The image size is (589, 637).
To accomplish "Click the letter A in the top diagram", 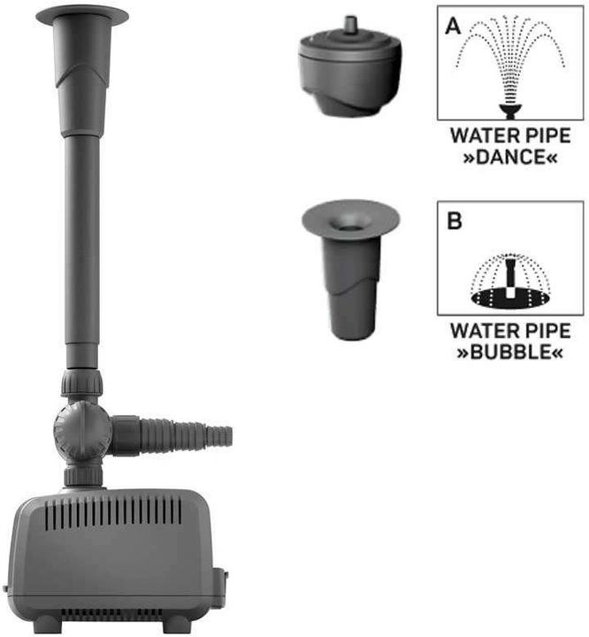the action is (x=453, y=26).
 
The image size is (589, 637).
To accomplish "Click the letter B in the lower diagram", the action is (x=455, y=221).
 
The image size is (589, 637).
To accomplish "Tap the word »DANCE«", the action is (x=510, y=157).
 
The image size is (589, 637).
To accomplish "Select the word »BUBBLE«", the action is (x=510, y=352).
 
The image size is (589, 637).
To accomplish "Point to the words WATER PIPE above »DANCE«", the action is (x=510, y=135).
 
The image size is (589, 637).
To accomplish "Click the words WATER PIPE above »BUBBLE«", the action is (x=510, y=330).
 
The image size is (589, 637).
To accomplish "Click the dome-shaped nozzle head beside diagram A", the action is (x=349, y=69).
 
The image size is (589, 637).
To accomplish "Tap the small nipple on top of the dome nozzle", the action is (x=350, y=23).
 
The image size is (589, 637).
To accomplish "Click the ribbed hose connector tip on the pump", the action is (x=219, y=436).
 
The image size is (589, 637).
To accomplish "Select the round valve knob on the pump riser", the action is (x=82, y=431).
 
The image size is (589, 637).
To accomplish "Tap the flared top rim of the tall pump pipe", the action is (x=82, y=16).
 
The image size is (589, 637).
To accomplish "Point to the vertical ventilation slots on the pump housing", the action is (x=113, y=514).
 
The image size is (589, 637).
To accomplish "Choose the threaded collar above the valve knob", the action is (x=81, y=382).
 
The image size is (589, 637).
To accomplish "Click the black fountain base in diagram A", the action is (x=510, y=111).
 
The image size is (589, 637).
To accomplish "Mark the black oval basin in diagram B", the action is (x=510, y=298).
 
